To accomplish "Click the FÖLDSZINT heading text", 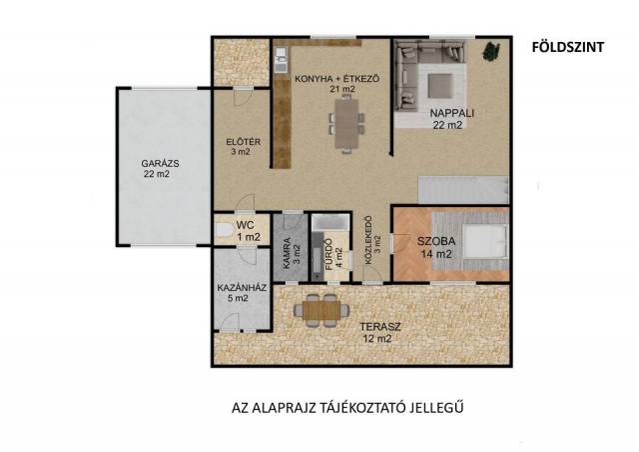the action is [x=568, y=47].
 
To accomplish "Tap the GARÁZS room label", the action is [x=160, y=163].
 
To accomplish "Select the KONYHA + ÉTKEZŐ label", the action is [x=337, y=78].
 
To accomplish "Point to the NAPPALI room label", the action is [x=452, y=113].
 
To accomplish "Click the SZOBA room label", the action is [x=436, y=241].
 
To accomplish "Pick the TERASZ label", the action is [x=380, y=327].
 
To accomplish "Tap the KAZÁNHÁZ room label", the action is [x=242, y=288].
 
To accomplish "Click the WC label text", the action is [x=245, y=225].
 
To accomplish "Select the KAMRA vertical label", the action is [x=287, y=254].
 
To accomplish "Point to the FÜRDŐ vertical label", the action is [x=328, y=254].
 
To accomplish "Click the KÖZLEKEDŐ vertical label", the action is [x=368, y=240].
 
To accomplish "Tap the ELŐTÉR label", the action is [x=244, y=142].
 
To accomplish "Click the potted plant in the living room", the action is [x=491, y=51].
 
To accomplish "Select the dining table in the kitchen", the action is [x=346, y=124].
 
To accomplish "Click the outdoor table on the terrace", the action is [x=321, y=310].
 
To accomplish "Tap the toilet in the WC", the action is [x=224, y=230].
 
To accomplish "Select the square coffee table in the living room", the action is [x=439, y=86].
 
